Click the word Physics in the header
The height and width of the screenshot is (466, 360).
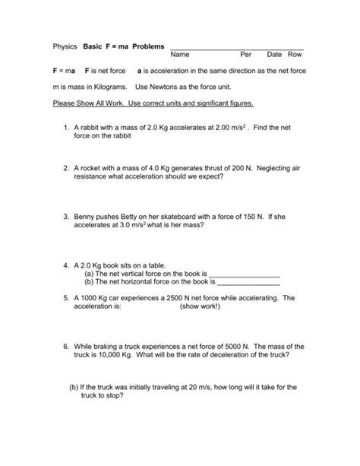65,46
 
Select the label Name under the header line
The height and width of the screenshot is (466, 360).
180,55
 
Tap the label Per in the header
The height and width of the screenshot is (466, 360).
245,55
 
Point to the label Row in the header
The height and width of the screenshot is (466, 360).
295,55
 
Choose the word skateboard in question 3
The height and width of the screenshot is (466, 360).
182,216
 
